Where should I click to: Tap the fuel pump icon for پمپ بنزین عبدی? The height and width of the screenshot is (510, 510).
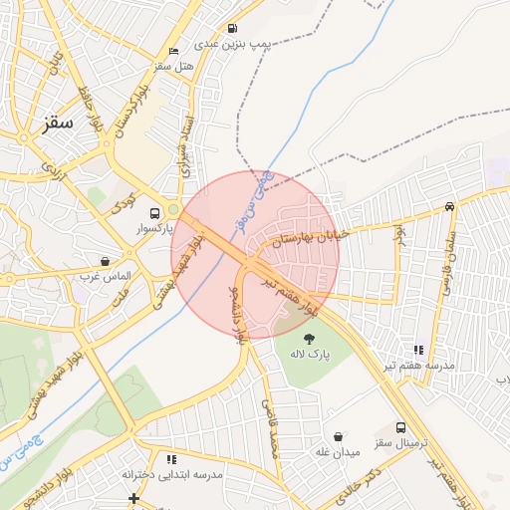tap(232, 29)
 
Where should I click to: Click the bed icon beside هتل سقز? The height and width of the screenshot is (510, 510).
tap(174, 51)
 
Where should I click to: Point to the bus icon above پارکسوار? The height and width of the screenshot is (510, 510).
tap(153, 213)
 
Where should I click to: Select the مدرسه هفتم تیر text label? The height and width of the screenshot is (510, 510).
tap(425, 366)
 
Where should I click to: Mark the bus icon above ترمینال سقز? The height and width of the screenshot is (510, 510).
tap(400, 427)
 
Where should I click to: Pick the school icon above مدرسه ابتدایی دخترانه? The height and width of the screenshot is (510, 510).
tap(171, 459)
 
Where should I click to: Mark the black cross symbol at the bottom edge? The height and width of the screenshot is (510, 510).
tap(133, 498)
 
